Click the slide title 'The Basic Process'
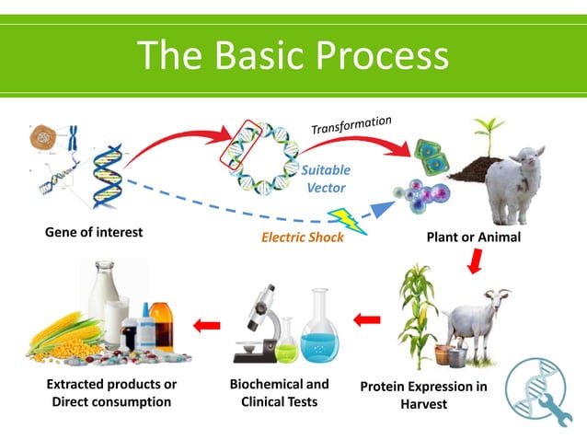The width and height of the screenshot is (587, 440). point(293,56)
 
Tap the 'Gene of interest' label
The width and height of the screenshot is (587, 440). point(94,232)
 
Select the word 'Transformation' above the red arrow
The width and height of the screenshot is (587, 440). point(351,125)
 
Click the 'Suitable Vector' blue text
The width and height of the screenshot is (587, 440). point(326,179)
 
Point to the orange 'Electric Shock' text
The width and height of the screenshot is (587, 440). point(303,237)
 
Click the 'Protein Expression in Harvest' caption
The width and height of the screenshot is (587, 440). point(423,395)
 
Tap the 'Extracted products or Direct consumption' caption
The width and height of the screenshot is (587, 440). point(111,392)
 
